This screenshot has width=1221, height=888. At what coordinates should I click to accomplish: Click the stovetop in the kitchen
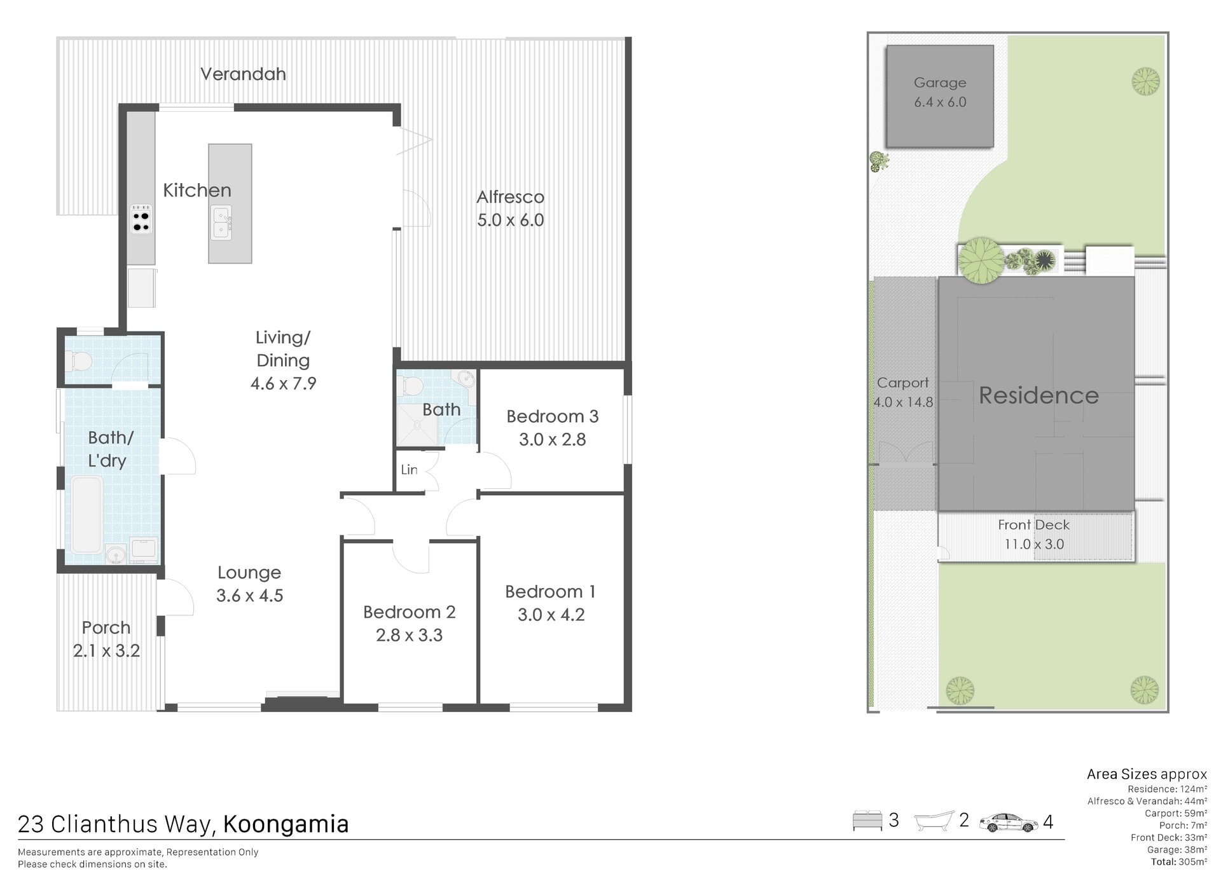pos(141,219)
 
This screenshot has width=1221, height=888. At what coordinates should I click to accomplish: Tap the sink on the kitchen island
pos(221,222)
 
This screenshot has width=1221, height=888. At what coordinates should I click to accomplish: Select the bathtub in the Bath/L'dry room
pos(86,515)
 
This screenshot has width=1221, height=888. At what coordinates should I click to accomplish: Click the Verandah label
pos(243,74)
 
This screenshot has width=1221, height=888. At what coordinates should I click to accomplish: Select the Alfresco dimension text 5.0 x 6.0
pos(511,220)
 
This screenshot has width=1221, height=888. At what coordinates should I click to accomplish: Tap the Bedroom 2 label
pos(410,612)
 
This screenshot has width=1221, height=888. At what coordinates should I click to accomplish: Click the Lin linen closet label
pos(409,470)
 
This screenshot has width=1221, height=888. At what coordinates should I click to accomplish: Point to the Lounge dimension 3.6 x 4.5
pos(249,596)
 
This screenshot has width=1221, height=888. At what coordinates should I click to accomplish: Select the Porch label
pos(106,627)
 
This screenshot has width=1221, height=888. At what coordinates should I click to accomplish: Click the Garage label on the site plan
pos(940,83)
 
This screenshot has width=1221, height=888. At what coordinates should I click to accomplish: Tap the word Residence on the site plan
pos(1038,395)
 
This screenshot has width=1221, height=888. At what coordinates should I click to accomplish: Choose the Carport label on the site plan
pos(902,383)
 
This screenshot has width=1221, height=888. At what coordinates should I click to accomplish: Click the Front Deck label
pos(1033,525)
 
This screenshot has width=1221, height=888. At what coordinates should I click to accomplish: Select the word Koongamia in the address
pos(286,824)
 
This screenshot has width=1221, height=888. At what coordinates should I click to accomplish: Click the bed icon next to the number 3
pos(867,821)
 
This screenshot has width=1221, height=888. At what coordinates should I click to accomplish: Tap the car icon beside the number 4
pos(1008,823)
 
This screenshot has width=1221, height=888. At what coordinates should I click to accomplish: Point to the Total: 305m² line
pos(1178,862)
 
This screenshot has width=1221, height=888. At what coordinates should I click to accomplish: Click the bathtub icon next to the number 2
pos(934,821)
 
